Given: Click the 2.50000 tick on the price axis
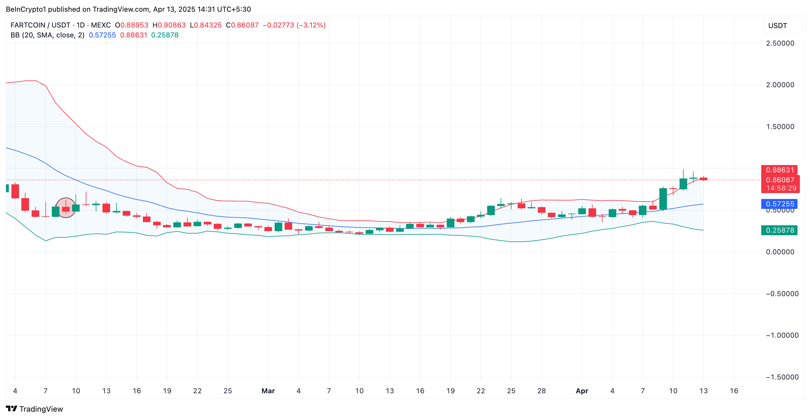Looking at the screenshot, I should (x=780, y=43).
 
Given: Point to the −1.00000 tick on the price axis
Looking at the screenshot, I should (x=782, y=335).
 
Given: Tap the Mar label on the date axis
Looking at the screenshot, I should (x=268, y=391).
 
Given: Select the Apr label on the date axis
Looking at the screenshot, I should (x=582, y=391).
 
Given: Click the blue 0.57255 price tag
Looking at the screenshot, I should (x=779, y=204).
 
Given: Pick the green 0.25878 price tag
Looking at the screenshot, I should (x=779, y=230).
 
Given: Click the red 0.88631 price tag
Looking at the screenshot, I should (x=779, y=170).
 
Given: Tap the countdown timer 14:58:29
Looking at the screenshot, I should (x=781, y=188).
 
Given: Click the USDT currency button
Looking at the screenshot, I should (x=777, y=26).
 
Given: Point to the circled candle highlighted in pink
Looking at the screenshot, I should (x=66, y=208).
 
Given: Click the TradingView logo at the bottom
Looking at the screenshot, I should (x=35, y=409).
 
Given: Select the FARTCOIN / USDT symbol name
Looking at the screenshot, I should (x=40, y=25).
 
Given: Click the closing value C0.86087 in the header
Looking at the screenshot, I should (x=242, y=25).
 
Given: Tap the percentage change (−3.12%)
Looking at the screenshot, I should (x=311, y=25).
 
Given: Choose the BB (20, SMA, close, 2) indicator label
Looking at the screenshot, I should (x=47, y=35).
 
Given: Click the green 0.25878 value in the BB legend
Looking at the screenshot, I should (x=165, y=35).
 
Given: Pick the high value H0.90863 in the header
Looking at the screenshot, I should (x=169, y=25).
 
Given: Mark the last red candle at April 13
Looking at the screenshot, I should (x=703, y=179).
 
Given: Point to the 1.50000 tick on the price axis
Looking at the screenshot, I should (x=780, y=127).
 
